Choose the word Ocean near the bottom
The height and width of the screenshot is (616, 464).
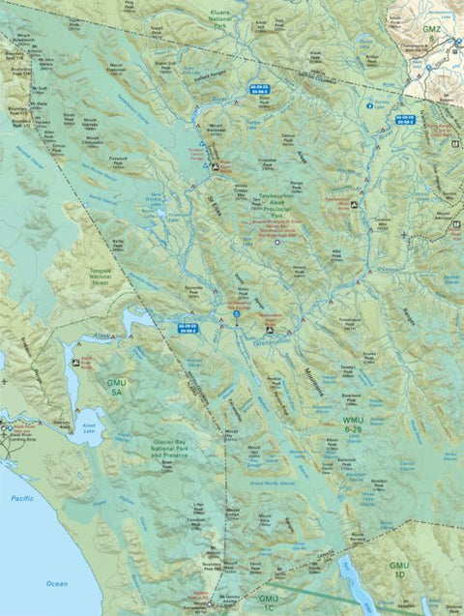56,583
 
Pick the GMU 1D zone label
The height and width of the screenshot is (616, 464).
399,570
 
